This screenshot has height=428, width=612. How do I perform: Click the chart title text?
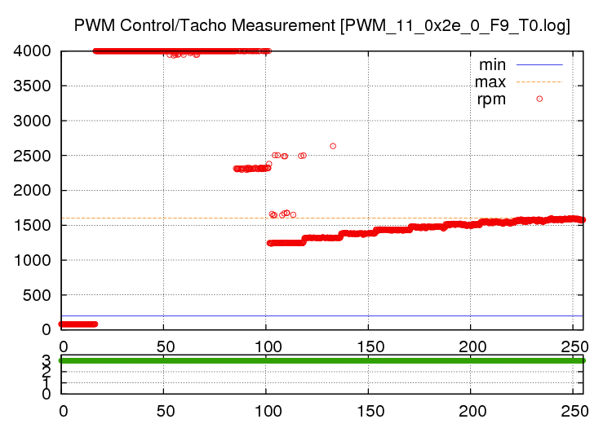(322, 25)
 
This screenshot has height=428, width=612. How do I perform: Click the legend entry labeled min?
(492, 64)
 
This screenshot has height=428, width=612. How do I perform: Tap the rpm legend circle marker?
(539, 99)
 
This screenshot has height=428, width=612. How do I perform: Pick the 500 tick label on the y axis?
(38, 295)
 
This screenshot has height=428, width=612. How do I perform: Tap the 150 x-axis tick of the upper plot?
(368, 344)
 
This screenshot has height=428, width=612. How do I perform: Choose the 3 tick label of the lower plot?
(46, 360)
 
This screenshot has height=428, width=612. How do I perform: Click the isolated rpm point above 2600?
(333, 146)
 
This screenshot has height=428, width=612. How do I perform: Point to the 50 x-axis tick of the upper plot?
(163, 344)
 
